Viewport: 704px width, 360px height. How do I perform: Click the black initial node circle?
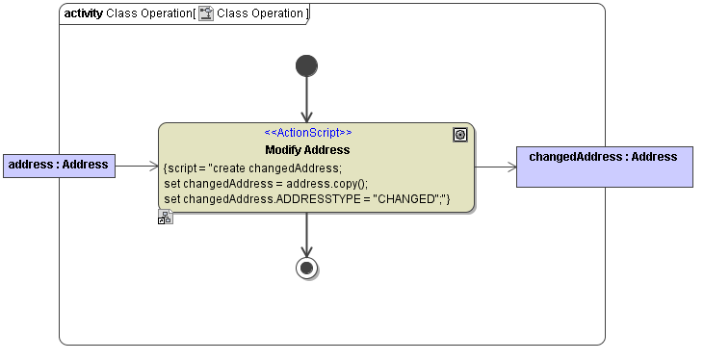306,65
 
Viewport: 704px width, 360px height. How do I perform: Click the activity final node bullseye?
306,268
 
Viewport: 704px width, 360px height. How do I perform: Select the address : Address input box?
59,166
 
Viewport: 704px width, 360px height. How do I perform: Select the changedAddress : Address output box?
603,166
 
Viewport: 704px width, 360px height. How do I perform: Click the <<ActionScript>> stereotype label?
307,133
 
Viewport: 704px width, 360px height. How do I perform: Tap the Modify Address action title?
307,150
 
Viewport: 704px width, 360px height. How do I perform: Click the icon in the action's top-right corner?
460,136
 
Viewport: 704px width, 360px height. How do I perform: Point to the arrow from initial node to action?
306,100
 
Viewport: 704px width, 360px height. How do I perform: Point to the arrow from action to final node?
306,235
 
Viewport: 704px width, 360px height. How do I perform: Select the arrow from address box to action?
137,167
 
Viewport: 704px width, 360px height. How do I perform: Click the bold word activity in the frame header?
83,13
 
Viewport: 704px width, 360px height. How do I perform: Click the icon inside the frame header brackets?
205,14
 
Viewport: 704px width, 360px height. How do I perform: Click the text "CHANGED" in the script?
406,199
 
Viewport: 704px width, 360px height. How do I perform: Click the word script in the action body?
183,167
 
